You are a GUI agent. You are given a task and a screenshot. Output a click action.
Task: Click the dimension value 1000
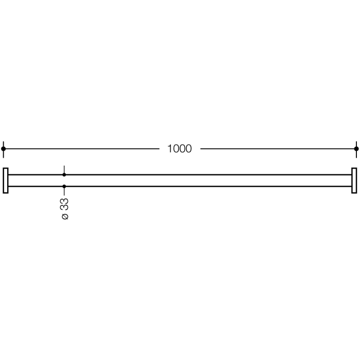(x=179, y=149)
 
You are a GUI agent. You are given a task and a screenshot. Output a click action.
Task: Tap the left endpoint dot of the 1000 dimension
(x=4, y=149)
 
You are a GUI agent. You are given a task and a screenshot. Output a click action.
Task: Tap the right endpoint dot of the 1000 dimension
(x=356, y=149)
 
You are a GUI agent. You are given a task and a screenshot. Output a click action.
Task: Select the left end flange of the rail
(x=6, y=181)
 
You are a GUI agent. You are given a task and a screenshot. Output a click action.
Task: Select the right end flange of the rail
(x=354, y=181)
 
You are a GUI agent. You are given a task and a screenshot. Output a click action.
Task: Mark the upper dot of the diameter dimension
(x=64, y=175)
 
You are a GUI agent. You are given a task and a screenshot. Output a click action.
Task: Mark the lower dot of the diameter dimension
(x=64, y=186)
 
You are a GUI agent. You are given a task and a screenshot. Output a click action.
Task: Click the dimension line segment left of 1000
(x=82, y=149)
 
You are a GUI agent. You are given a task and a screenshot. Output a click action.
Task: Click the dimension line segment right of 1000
(x=278, y=149)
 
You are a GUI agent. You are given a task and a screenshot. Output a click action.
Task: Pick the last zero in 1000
(x=188, y=149)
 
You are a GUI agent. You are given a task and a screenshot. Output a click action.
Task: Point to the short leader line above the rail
(x=64, y=170)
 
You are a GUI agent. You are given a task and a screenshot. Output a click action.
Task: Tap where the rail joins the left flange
(x=9, y=181)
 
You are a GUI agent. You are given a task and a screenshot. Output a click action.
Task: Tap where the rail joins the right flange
(x=351, y=181)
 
